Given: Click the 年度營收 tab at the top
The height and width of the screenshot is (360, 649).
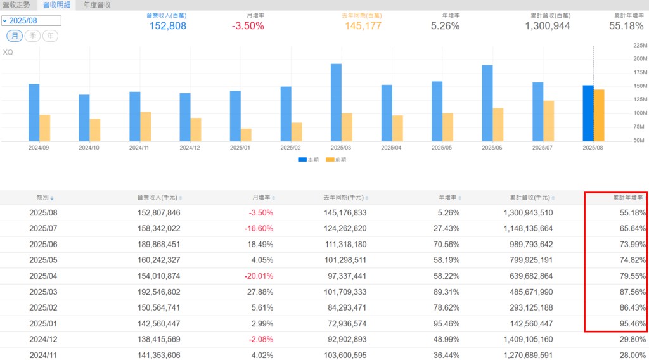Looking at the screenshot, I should (97, 4).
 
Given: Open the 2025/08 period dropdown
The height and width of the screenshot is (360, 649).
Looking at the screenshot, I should (31, 21).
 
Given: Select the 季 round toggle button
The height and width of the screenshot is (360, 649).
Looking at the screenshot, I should (32, 36).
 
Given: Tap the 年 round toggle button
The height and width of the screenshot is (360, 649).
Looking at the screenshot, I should (50, 36).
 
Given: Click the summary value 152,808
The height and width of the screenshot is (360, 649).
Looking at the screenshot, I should (168, 26).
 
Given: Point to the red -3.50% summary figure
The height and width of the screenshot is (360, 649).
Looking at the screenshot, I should (248, 26).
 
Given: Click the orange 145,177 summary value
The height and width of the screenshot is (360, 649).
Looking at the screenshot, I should (364, 26).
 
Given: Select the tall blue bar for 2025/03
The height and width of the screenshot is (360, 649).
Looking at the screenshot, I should (336, 101).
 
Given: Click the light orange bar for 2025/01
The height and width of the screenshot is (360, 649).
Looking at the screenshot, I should (246, 135).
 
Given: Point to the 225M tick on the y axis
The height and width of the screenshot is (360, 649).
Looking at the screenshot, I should (639, 46).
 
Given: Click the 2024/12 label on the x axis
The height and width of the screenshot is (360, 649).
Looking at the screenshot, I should (190, 148).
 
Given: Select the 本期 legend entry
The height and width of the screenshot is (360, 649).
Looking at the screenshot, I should (309, 160).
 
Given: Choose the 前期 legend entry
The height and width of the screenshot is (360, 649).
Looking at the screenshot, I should (337, 160).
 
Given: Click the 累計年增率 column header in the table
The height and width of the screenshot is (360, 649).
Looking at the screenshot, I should (627, 198).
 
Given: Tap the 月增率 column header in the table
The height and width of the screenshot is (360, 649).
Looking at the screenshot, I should (261, 198).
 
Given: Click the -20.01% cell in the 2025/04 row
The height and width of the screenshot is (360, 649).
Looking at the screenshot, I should (260, 276).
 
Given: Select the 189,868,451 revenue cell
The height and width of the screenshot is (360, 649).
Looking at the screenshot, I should (158, 245).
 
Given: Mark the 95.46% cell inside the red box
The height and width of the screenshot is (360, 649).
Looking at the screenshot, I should (633, 324).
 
